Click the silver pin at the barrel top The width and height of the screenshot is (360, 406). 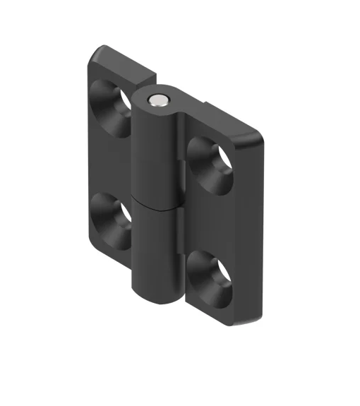point(159,100)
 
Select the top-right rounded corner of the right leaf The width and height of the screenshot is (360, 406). point(260,135)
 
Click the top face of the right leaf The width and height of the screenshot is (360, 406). point(226,116)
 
